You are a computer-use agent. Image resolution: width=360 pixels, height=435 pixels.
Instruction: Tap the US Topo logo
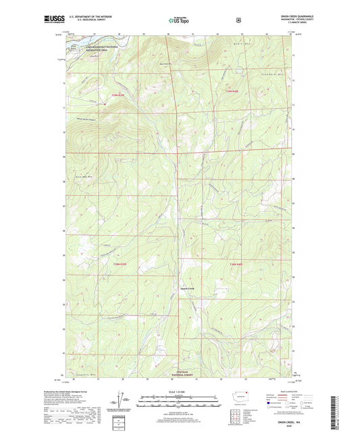[x=178, y=21]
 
